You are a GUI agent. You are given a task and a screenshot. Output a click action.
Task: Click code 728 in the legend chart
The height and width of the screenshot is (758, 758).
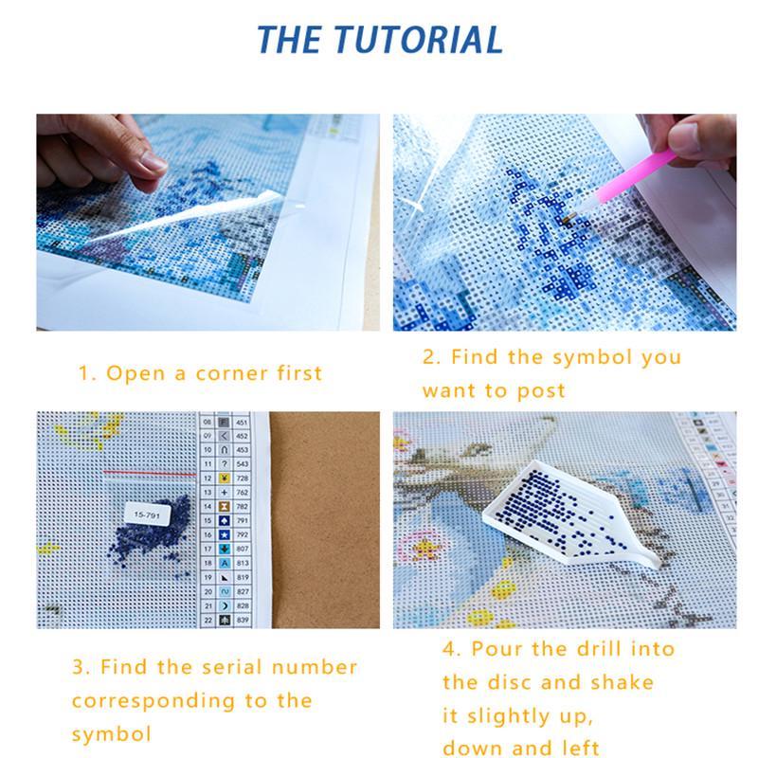click(x=243, y=478)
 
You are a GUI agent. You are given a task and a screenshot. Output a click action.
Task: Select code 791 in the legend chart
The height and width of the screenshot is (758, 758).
click(x=243, y=520)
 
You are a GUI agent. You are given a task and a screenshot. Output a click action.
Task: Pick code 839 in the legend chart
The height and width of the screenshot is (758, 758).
click(x=243, y=619)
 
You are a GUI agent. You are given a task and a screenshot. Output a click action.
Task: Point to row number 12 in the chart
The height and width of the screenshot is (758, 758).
click(x=208, y=478)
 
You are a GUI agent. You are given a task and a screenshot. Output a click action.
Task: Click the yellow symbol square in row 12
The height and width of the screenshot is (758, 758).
click(x=225, y=478)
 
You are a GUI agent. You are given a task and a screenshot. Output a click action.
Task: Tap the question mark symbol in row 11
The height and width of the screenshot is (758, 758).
click(x=225, y=464)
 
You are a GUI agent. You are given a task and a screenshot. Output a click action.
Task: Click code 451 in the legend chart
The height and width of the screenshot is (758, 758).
click(x=243, y=423)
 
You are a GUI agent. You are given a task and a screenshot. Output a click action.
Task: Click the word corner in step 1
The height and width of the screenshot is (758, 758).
click(x=233, y=373)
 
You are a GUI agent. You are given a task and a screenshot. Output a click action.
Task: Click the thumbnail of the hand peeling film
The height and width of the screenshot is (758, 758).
click(x=208, y=222)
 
